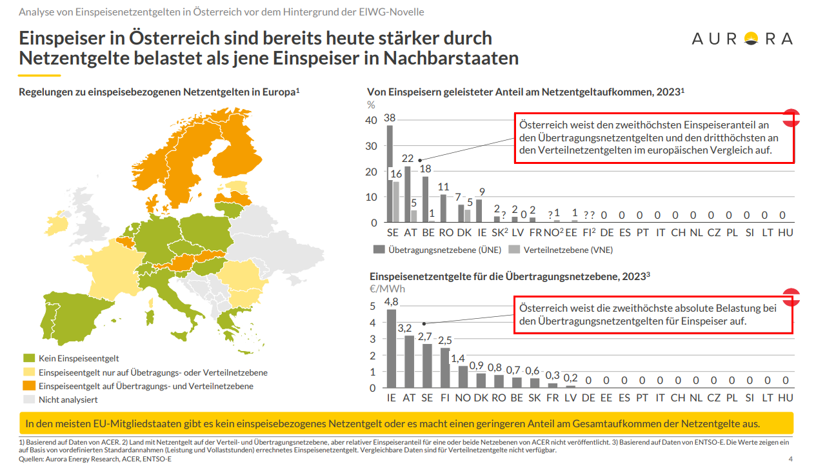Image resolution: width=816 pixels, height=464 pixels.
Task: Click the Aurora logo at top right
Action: coord(742,39)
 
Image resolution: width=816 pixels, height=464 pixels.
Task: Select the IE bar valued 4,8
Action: coord(391,348)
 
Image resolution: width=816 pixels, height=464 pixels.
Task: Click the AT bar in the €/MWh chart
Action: coord(409,361)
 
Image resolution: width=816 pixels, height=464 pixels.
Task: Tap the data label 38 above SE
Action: coord(390,118)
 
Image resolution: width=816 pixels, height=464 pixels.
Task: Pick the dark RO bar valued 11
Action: coord(443,208)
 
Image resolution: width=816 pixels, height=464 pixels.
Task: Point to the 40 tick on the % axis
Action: coord(371,121)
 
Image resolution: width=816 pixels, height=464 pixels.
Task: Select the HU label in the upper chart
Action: coord(785,232)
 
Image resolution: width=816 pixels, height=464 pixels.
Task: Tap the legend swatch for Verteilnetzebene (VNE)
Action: coord(514,249)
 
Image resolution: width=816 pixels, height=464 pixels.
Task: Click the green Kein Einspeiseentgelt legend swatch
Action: coord(29,358)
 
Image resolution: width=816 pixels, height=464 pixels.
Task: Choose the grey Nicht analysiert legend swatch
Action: coord(29,399)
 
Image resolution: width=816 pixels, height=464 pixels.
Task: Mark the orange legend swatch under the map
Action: coord(29,386)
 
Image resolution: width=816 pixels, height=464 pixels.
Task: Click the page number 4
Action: coord(791,459)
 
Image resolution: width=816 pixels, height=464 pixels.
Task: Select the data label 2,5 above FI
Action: coord(445,340)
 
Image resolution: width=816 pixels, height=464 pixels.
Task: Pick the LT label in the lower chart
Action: coord(767,398)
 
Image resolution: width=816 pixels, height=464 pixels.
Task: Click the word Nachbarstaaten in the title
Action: coord(451,58)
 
